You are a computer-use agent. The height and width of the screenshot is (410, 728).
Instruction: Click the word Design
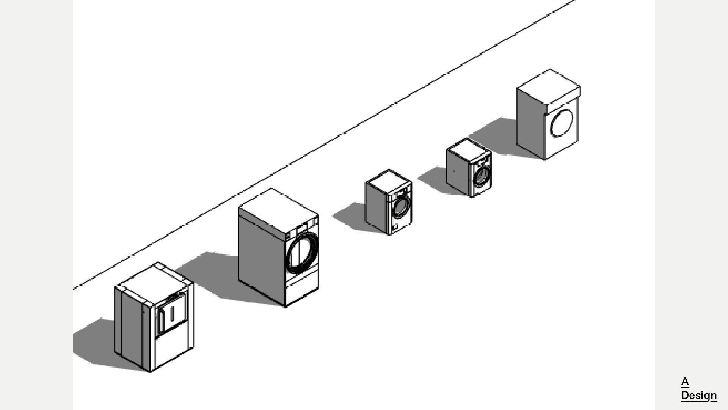point(698,395)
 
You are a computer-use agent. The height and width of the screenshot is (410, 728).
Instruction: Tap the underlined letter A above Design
point(685,382)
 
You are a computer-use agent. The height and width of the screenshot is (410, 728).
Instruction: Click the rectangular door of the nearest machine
point(172,315)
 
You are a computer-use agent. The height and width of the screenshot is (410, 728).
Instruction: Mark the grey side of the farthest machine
point(530,121)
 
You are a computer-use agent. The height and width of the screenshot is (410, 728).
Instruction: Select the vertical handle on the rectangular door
point(173,313)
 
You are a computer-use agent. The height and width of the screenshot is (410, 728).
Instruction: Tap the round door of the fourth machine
point(482,176)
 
